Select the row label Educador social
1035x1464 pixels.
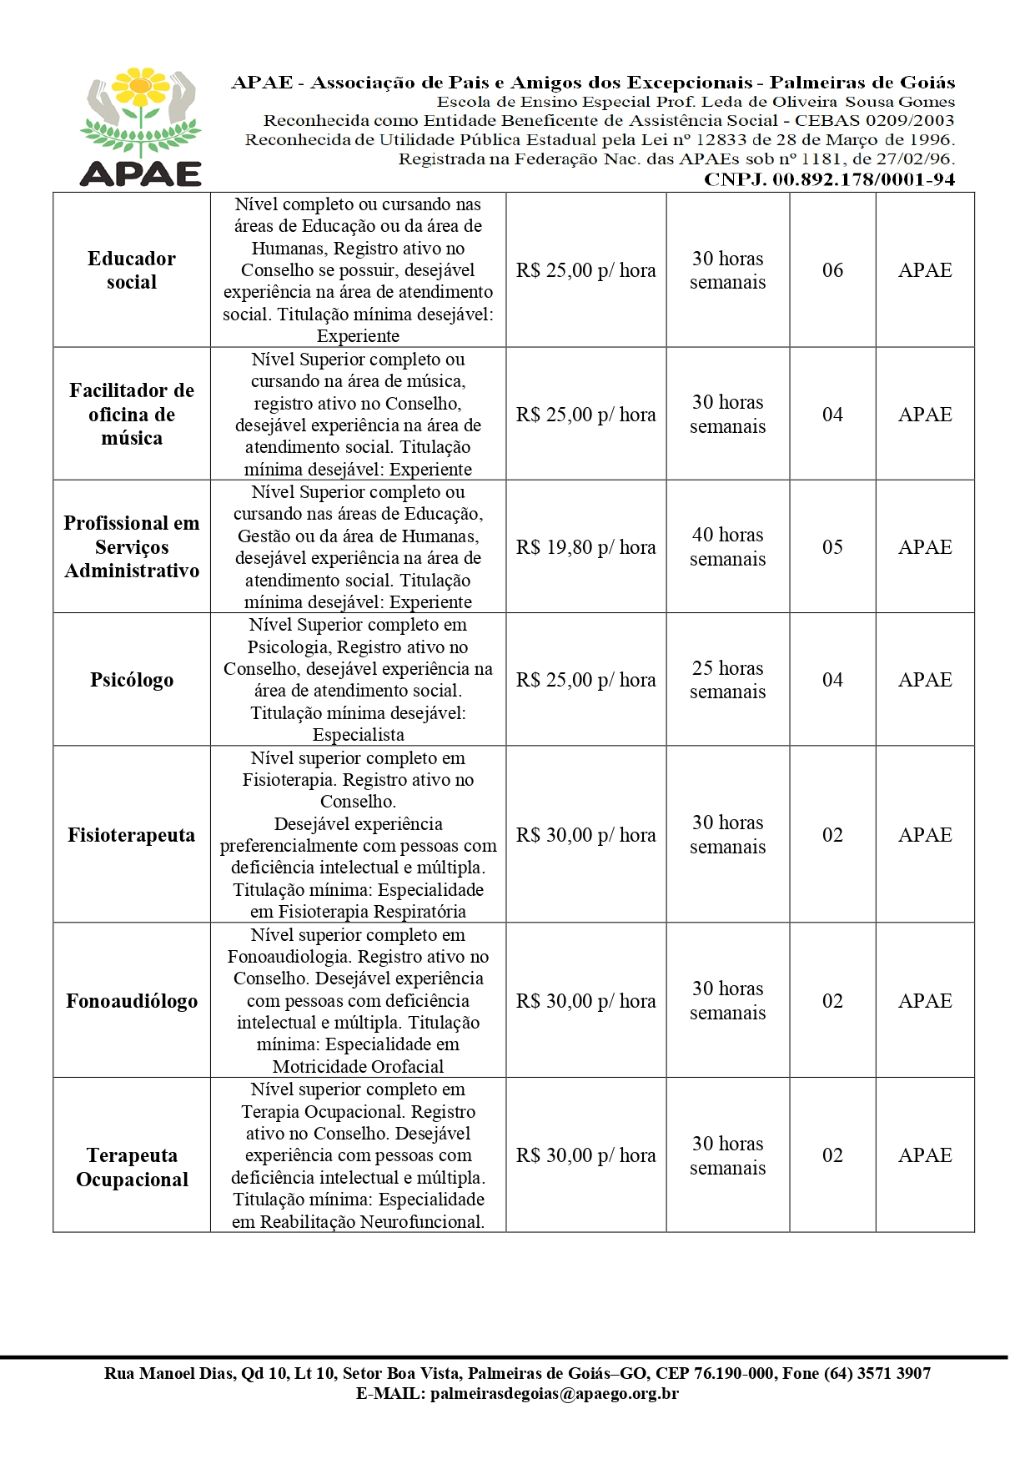(x=132, y=270)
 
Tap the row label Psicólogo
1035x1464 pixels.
(x=132, y=680)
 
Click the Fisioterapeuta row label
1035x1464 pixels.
(x=131, y=835)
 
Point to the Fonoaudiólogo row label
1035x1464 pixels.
(x=132, y=1001)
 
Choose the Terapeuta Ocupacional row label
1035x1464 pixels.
(x=132, y=1167)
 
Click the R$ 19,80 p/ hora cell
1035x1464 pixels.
(x=585, y=547)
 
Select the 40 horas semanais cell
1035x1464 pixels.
(x=727, y=547)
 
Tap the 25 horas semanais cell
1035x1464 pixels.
(x=727, y=680)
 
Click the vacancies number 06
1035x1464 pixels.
(x=832, y=270)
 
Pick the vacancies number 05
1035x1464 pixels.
(x=832, y=547)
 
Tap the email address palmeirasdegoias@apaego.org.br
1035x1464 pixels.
(x=554, y=1393)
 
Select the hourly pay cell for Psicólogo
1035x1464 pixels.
(x=585, y=680)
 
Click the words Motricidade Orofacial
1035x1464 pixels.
(x=358, y=1066)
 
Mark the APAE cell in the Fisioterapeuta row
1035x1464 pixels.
(x=925, y=835)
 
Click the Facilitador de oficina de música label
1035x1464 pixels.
(x=132, y=415)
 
